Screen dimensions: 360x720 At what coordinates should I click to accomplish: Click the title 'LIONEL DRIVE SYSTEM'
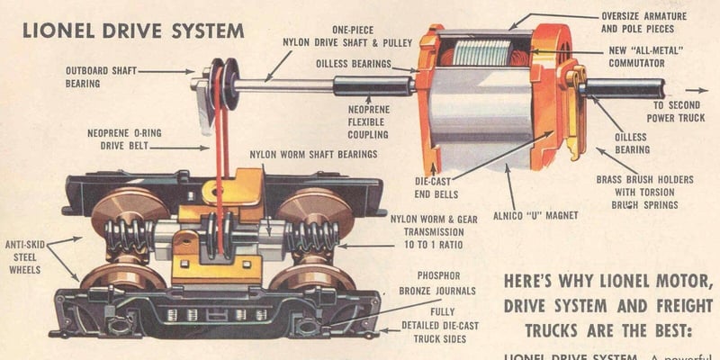tap(133, 30)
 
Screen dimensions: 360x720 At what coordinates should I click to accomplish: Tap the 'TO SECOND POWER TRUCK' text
tap(661, 112)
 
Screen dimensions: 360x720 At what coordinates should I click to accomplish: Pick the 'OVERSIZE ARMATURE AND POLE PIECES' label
tap(643, 22)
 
